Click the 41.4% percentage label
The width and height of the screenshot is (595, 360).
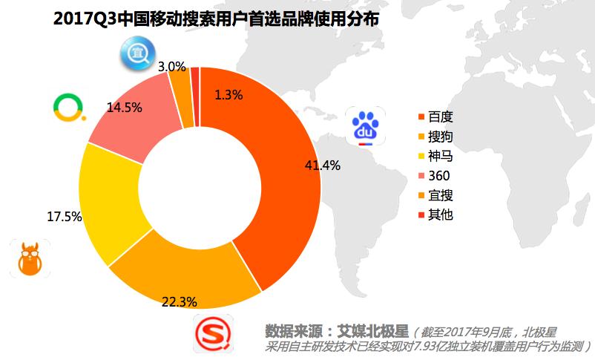pyautogui.click(x=323, y=166)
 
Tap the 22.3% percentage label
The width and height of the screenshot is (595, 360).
pyautogui.click(x=179, y=301)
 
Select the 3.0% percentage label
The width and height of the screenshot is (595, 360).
pyautogui.click(x=171, y=66)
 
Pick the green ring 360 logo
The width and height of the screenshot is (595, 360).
pyautogui.click(x=69, y=108)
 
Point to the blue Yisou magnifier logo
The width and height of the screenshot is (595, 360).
pyautogui.click(x=137, y=53)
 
